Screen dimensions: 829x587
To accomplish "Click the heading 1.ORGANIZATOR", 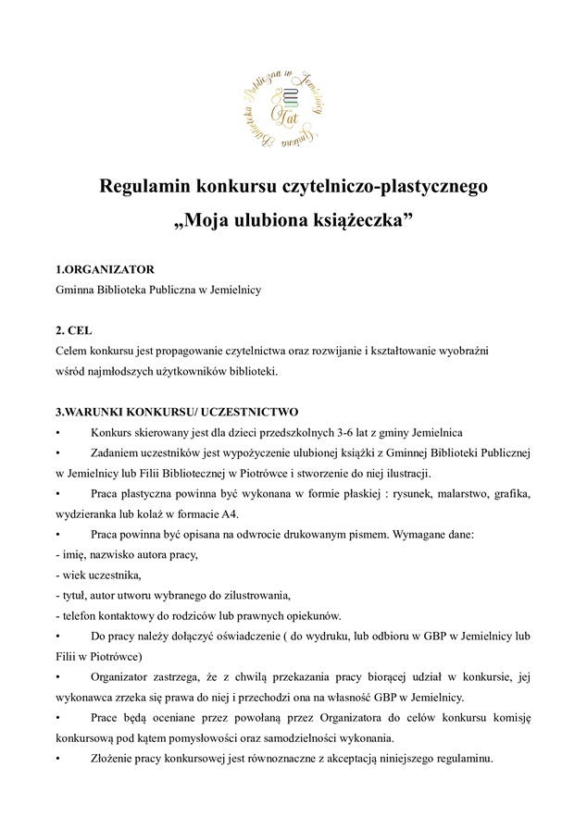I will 105,270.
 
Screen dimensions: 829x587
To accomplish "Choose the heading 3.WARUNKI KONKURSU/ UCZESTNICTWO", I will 177,412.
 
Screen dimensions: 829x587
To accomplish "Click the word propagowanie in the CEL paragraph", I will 181,352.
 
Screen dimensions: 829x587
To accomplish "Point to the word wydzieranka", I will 91,513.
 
